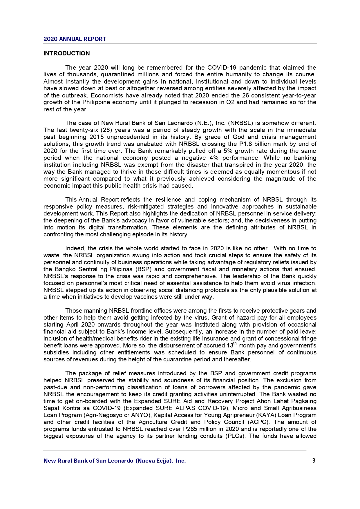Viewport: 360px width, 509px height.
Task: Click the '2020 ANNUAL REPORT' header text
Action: click(75, 39)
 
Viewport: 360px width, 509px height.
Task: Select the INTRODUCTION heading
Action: click(66, 53)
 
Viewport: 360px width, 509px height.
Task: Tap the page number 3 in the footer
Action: click(314, 461)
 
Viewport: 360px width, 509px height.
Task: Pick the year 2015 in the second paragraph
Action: click(97, 137)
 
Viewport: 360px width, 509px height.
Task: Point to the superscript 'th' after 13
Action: click(235, 344)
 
